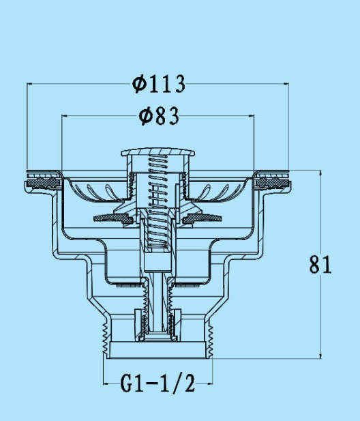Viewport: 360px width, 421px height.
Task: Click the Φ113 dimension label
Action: [x=159, y=84]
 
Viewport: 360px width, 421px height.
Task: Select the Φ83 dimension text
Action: [x=159, y=116]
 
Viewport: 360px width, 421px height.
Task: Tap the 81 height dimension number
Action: [x=320, y=265]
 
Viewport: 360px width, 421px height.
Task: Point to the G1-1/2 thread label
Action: [x=157, y=383]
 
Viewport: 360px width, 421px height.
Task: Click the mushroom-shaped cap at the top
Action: [x=157, y=152]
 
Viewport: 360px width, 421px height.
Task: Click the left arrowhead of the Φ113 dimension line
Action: [x=29, y=84]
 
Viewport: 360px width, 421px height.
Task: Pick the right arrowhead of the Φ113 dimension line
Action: [x=286, y=84]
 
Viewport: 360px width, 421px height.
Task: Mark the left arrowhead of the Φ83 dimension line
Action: [x=64, y=116]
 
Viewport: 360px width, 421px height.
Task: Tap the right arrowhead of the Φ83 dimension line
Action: [x=252, y=116]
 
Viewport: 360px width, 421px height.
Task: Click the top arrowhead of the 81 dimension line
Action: [x=320, y=173]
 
